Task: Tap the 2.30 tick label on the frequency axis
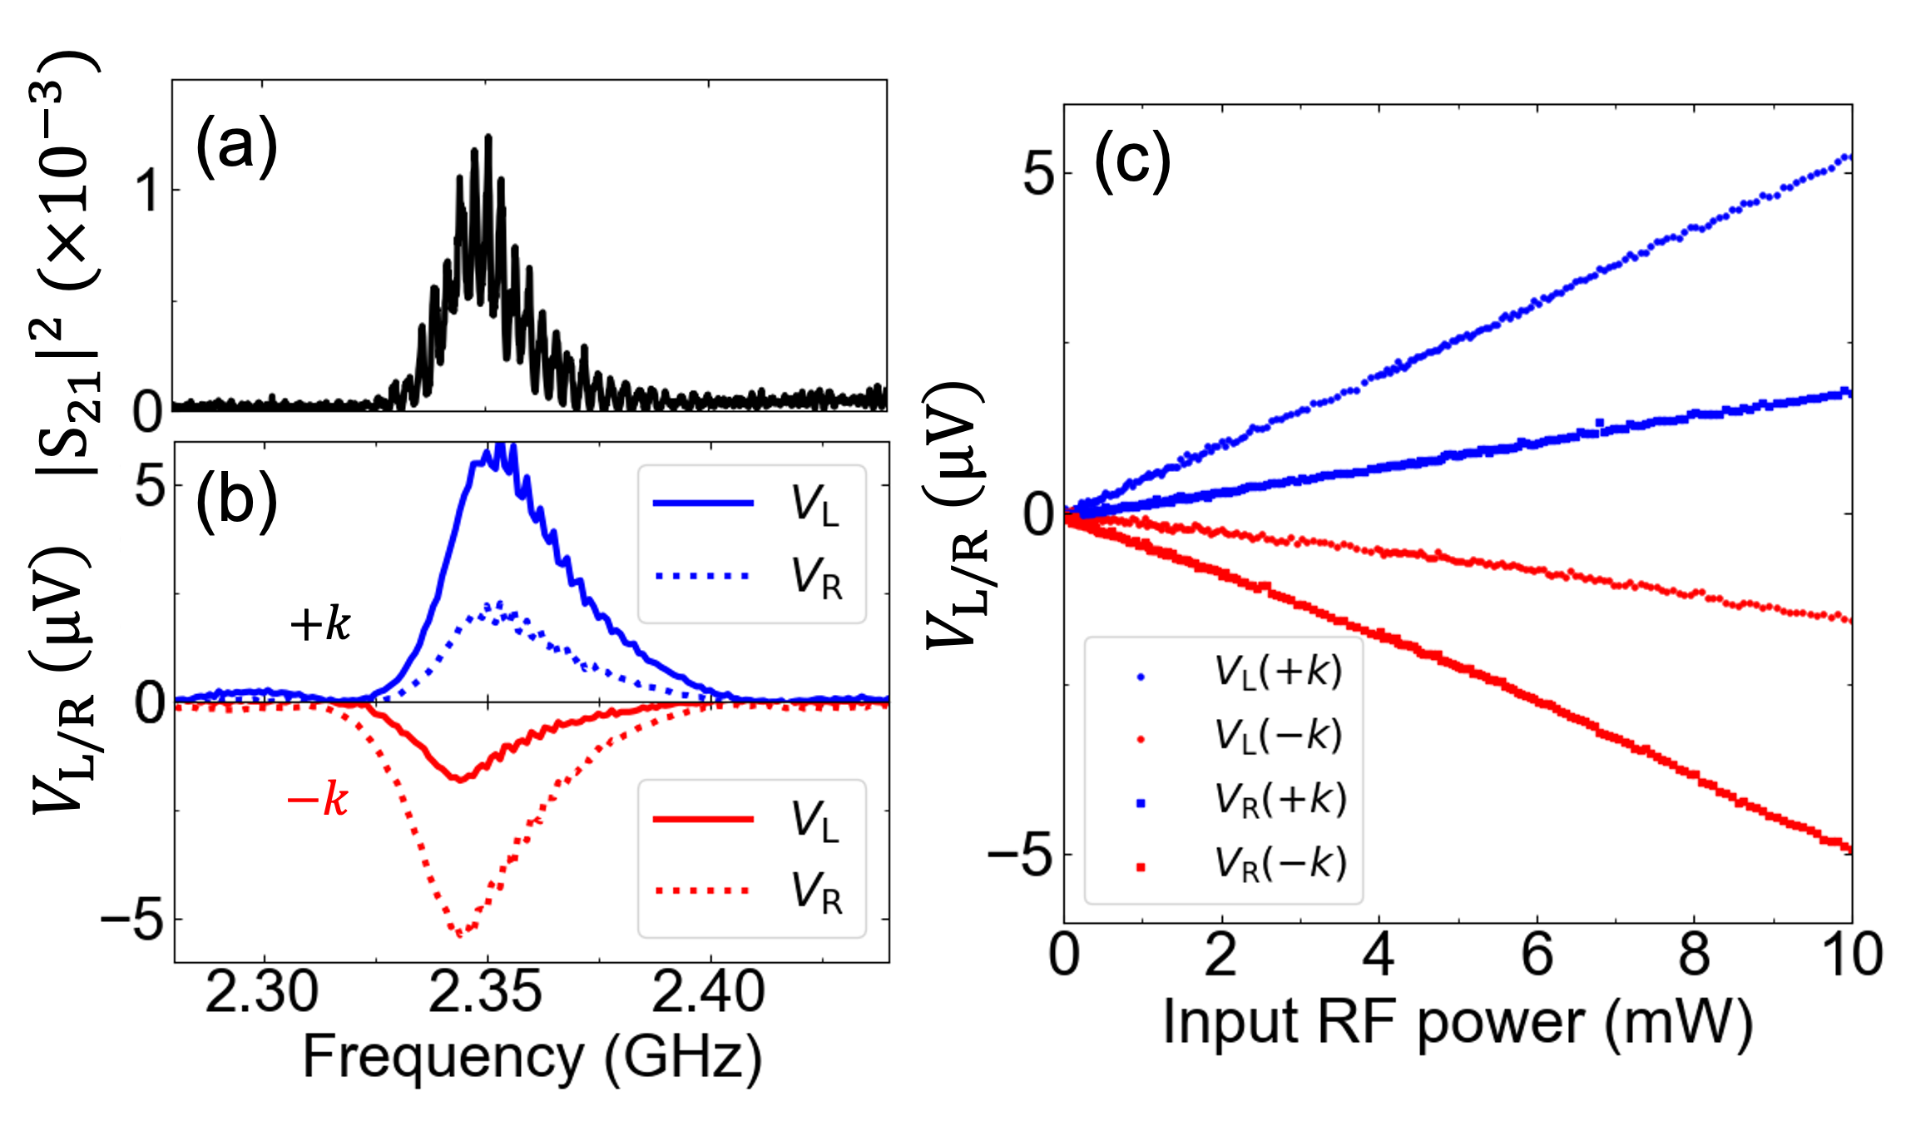[x=261, y=993]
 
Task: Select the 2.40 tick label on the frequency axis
[x=708, y=993]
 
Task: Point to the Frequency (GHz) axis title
[x=532, y=1057]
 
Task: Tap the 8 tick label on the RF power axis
[x=1694, y=955]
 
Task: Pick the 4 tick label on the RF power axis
[x=1379, y=955]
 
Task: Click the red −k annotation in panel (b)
[x=317, y=800]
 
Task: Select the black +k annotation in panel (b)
[x=320, y=623]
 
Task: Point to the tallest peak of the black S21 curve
[x=488, y=137]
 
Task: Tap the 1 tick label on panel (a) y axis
[x=149, y=191]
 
